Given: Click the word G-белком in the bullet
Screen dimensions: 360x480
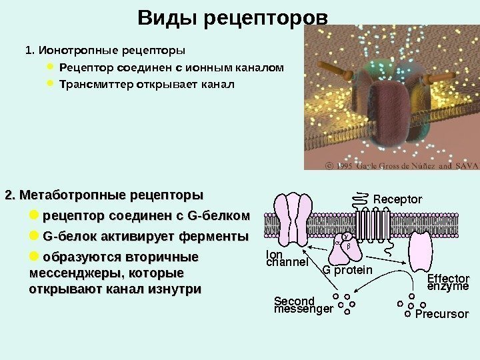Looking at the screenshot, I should tap(220, 216).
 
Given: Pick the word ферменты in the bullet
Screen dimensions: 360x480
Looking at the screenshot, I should tap(219, 237).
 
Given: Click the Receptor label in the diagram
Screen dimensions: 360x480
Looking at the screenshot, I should tap(397, 199).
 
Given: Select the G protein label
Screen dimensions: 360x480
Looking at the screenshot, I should tap(347, 270).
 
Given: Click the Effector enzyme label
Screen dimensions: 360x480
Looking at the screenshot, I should tap(447, 282).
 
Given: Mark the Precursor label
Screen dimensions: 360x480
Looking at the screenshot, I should tap(442, 313).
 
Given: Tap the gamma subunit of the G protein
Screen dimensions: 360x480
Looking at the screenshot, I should tap(346, 237).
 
